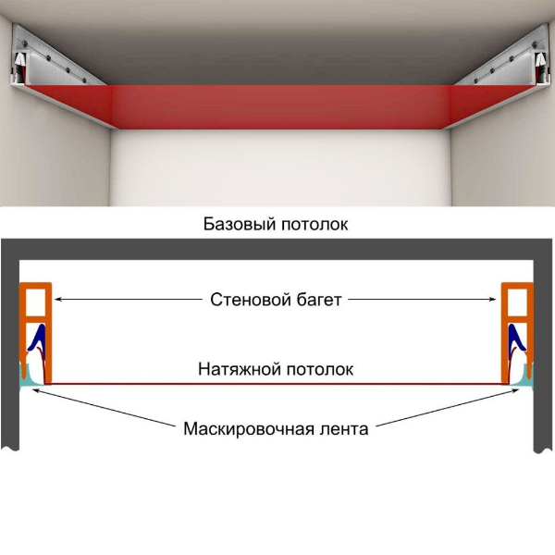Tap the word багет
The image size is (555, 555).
pyautogui.click(x=314, y=300)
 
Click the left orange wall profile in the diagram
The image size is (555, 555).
pyautogui.click(x=35, y=305)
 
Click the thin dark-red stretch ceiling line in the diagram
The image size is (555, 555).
pyautogui.click(x=277, y=382)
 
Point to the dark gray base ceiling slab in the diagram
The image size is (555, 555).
pyautogui.click(x=277, y=249)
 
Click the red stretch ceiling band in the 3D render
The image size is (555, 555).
pyautogui.click(x=277, y=104)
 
